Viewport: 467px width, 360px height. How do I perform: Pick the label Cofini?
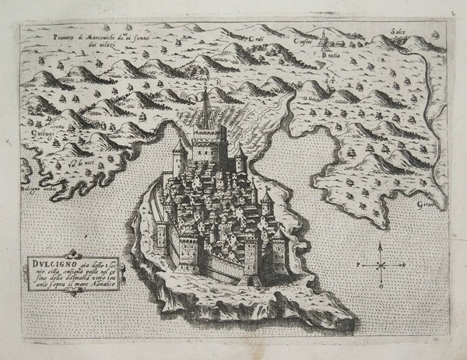[x=304, y=40]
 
